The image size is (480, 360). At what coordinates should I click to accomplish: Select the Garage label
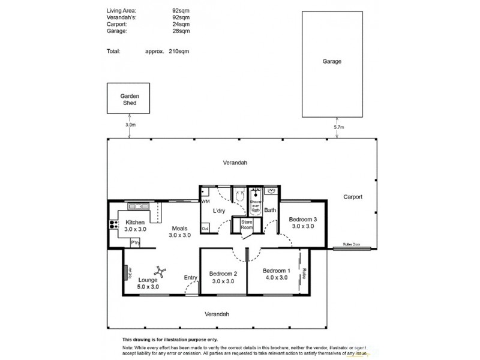click(x=332, y=61)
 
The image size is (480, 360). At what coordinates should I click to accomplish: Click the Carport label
click(x=353, y=197)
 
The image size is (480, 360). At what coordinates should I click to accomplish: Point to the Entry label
click(x=191, y=277)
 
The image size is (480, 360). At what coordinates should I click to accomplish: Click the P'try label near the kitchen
click(x=136, y=242)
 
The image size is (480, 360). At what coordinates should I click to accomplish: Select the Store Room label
click(x=247, y=225)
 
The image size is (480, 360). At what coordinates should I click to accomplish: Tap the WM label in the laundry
click(x=205, y=202)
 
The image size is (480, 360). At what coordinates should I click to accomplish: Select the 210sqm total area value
click(x=180, y=52)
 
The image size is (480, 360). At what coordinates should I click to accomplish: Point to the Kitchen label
click(x=135, y=226)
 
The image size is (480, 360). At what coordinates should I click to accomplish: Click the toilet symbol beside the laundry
click(x=239, y=195)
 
